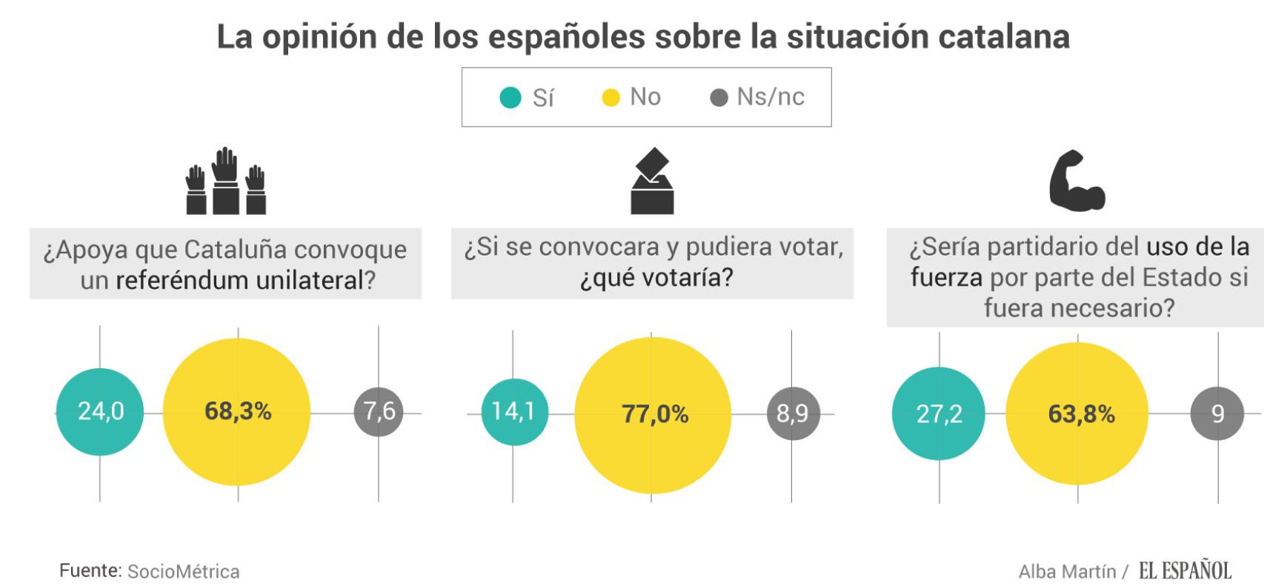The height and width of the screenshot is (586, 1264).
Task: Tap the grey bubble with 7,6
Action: (379, 411)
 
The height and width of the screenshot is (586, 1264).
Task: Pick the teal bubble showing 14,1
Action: (513, 413)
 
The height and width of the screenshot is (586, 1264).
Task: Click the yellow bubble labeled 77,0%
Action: (653, 415)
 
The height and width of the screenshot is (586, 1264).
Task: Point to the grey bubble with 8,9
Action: (792, 413)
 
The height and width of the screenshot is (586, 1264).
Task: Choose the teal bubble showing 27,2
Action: (939, 414)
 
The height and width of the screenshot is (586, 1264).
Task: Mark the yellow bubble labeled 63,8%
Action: (1078, 414)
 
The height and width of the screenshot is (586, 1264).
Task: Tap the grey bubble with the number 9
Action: (1217, 413)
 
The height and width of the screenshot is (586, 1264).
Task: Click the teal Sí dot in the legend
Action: (510, 98)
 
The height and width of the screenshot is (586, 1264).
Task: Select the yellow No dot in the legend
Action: (611, 98)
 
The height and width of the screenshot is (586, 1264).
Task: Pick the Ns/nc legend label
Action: (770, 97)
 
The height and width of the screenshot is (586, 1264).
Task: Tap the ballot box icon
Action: (652, 182)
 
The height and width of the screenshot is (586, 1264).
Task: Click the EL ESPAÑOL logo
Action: (1185, 570)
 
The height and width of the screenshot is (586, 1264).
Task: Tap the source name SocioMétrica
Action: (183, 572)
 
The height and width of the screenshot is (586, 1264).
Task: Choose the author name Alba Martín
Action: (1067, 572)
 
